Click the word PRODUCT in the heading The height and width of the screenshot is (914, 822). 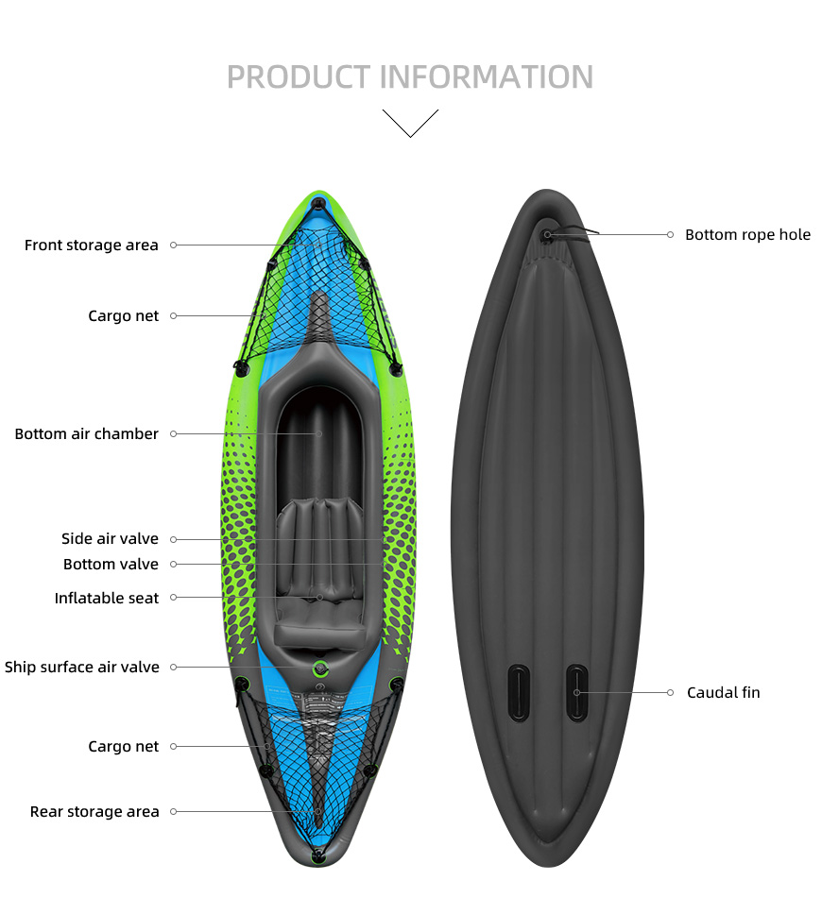pos(299,76)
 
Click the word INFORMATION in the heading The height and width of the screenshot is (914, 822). pos(488,76)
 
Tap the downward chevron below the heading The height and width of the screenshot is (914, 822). pos(410,123)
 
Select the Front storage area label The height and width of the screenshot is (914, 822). pos(91,245)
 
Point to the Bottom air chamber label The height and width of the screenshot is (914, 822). pos(86,434)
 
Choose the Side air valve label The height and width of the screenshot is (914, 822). pos(110,538)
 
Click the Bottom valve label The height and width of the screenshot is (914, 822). pos(111,565)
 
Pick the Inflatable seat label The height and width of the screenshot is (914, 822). pos(106,598)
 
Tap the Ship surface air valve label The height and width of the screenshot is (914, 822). pos(81,667)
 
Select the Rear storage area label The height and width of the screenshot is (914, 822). pos(94,812)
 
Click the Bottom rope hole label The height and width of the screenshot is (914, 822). pos(748,235)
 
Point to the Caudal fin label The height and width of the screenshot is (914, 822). pos(724,692)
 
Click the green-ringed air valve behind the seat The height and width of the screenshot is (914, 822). pos(319,669)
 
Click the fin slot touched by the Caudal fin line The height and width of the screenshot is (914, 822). pos(576,692)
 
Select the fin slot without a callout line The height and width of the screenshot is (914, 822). pos(519,692)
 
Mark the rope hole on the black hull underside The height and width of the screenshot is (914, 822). pos(547,235)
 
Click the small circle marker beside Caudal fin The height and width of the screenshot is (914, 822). pos(670,692)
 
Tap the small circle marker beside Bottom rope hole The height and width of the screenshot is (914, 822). pos(670,234)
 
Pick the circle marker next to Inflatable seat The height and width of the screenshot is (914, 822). pos(173,598)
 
